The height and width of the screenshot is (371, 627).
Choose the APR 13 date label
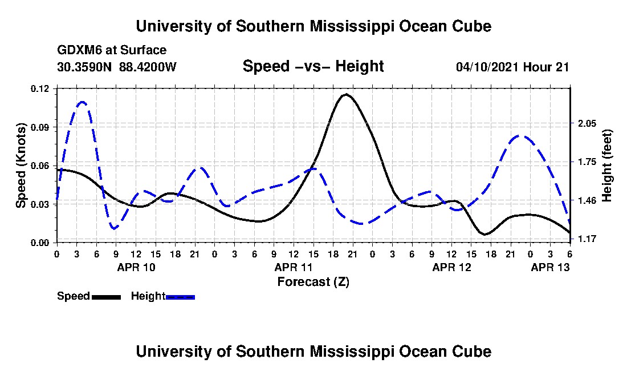550,267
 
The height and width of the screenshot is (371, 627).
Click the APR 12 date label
451,267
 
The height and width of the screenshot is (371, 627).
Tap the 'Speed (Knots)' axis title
21,165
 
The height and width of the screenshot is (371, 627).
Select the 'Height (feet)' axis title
608,166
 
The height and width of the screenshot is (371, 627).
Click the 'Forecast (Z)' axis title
313,281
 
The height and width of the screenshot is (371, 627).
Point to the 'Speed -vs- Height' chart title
313,66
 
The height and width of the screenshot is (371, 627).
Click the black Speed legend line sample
106,297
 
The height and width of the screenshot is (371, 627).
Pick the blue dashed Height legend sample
180,297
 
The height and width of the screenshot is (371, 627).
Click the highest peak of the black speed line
345,95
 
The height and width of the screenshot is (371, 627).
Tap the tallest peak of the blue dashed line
82,102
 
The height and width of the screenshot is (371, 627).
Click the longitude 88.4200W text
148,67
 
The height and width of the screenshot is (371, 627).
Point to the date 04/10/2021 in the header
487,67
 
